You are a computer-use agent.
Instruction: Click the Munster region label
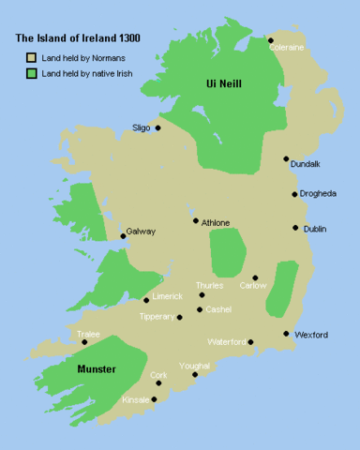coord(97,368)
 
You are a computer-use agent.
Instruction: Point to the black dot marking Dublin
coord(295,227)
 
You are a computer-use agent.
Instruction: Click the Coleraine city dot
coord(270,40)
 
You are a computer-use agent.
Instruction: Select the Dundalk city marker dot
coord(286,159)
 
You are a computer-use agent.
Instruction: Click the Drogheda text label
coord(319,194)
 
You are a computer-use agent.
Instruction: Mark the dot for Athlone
coord(195,221)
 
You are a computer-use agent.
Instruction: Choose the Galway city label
coord(141,232)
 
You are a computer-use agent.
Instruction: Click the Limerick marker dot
coord(146,300)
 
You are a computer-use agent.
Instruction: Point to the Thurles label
coord(209,285)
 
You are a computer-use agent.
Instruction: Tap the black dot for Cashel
coord(200,309)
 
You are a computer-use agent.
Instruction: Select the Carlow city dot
coord(255,277)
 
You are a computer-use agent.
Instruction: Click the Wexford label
coord(311,334)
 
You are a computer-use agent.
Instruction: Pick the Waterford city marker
coord(251,342)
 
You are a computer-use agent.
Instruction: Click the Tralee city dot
coord(84,342)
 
